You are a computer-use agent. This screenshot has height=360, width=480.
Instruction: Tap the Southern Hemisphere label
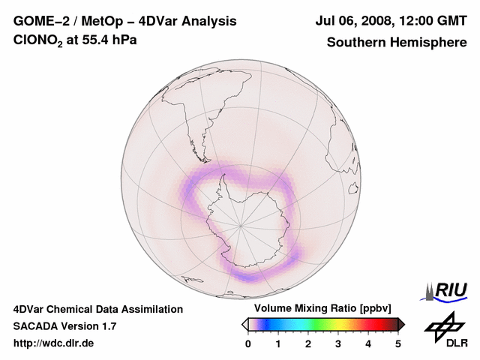(397, 43)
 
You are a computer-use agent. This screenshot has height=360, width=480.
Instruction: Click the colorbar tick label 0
(248, 343)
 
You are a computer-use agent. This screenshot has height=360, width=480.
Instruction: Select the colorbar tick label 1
(278, 343)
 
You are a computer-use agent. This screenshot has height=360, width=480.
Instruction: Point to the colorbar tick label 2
(308, 343)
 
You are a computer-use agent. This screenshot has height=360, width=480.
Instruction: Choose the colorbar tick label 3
(338, 343)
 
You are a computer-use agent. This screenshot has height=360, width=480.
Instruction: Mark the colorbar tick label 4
(368, 343)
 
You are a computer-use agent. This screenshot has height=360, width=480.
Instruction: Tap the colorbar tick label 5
(398, 343)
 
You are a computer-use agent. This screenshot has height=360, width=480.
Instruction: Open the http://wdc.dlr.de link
(54, 343)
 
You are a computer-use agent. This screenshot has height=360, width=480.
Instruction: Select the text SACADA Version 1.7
(64, 326)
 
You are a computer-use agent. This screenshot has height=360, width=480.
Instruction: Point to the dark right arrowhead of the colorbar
(401, 324)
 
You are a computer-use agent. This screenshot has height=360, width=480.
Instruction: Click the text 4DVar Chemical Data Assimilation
(97, 309)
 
